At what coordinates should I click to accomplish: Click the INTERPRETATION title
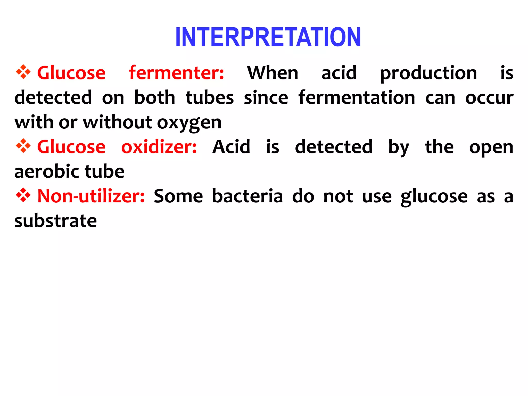click(268, 37)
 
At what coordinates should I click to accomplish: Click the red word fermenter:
click(176, 73)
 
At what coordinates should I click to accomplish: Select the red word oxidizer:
click(159, 147)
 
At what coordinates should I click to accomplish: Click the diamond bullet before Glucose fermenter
click(23, 72)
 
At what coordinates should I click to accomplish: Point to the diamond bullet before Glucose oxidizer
click(23, 146)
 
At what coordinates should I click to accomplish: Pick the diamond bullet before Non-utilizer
click(23, 195)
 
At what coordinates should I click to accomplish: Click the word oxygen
click(189, 123)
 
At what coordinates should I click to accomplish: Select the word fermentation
click(357, 98)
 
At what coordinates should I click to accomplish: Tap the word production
click(428, 73)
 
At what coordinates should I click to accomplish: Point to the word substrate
click(56, 221)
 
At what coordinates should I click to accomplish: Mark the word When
click(273, 73)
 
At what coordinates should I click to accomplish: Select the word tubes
click(210, 98)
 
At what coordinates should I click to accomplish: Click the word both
click(155, 98)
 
